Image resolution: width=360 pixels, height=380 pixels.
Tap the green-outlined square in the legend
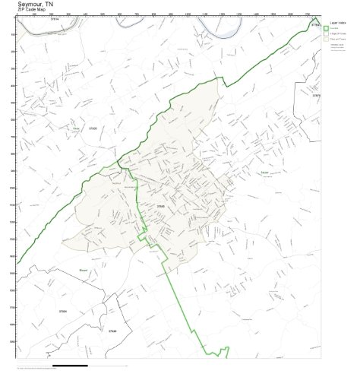coord(326,30)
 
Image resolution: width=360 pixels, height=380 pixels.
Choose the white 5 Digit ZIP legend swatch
coord(326,35)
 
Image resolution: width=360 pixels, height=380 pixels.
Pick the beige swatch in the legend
coord(326,40)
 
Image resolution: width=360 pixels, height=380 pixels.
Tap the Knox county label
coord(75,129)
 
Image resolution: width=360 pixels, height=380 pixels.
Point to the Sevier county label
coord(264,174)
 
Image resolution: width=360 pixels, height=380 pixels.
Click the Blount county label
coord(84,270)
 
